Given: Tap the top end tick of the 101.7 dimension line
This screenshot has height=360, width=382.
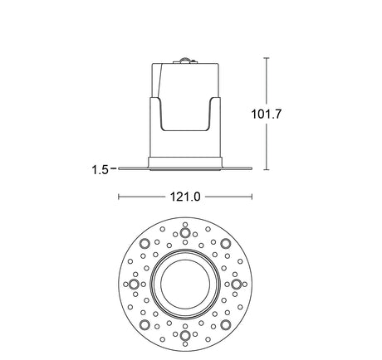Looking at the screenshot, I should pos(267,58).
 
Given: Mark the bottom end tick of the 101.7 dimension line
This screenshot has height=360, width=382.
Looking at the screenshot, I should pos(267,170).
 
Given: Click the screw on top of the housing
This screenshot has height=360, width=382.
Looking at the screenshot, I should pos(186,60).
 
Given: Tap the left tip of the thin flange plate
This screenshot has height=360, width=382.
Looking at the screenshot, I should pos(120,170).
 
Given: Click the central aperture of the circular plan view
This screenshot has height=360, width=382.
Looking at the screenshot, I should pos(184,284).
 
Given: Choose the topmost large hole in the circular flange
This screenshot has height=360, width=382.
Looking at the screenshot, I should pos(184,232).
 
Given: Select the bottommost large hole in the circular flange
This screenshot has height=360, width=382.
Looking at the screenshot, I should pos(184,336).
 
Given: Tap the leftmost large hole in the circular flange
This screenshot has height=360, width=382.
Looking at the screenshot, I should pos(133,284).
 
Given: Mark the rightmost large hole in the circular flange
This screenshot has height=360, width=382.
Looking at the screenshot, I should pos(237,284).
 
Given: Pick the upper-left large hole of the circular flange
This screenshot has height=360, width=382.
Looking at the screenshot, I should pos(145,243).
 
